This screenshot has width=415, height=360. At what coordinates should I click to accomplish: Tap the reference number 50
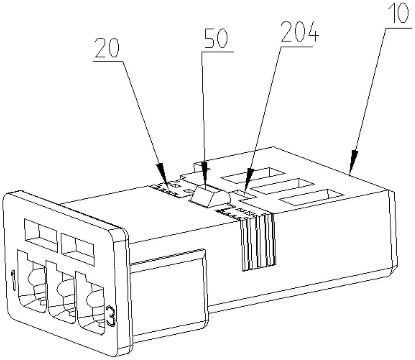click(x=216, y=39)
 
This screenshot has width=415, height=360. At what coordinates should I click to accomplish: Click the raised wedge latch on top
click(x=210, y=196)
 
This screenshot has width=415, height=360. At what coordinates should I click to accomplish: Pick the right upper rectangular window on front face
click(x=77, y=249)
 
